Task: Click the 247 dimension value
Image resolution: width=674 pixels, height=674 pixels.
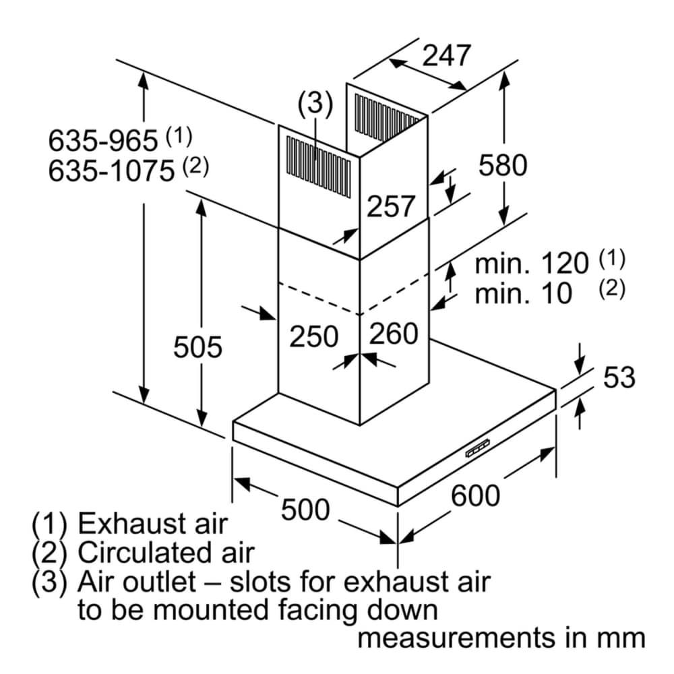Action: [446, 55]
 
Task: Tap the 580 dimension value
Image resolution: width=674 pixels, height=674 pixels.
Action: [503, 165]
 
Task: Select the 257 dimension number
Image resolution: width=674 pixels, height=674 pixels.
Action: [391, 207]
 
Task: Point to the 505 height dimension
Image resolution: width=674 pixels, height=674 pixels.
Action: [197, 348]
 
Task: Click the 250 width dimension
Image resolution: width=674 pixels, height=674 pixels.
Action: [313, 336]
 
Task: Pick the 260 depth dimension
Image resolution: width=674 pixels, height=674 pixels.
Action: [394, 334]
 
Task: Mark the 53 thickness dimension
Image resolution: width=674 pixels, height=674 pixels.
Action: [619, 377]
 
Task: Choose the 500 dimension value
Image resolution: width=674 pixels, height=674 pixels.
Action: [305, 510]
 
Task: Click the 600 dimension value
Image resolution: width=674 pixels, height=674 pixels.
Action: [475, 496]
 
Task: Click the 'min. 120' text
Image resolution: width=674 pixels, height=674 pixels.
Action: [532, 264]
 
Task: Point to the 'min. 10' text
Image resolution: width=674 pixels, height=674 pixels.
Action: [523, 294]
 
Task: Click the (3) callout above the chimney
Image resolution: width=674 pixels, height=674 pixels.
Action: [315, 104]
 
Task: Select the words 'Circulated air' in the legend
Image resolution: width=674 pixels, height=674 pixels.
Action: [166, 553]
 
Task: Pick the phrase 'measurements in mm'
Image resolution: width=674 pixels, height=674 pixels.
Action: [501, 638]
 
